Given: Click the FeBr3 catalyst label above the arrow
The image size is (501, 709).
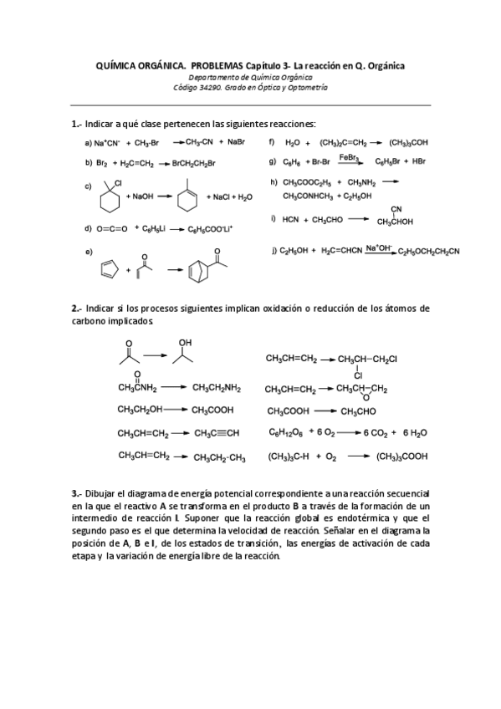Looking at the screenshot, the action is tap(350, 156).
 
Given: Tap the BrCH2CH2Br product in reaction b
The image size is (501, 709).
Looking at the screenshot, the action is tap(193, 163).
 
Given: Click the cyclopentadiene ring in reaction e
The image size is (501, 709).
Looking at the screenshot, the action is tap(108, 269).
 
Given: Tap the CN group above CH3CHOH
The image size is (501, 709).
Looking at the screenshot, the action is tap(396, 210).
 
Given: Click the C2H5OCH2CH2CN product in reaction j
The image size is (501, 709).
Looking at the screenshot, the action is tap(428, 251).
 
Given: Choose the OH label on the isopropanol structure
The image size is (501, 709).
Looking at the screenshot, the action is tap(185, 341).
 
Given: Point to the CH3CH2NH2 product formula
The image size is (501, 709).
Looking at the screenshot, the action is tap(217, 388).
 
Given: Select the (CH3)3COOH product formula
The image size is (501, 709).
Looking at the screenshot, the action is tap(402, 457).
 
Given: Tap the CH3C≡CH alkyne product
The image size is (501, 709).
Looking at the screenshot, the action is tap(217, 433).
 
